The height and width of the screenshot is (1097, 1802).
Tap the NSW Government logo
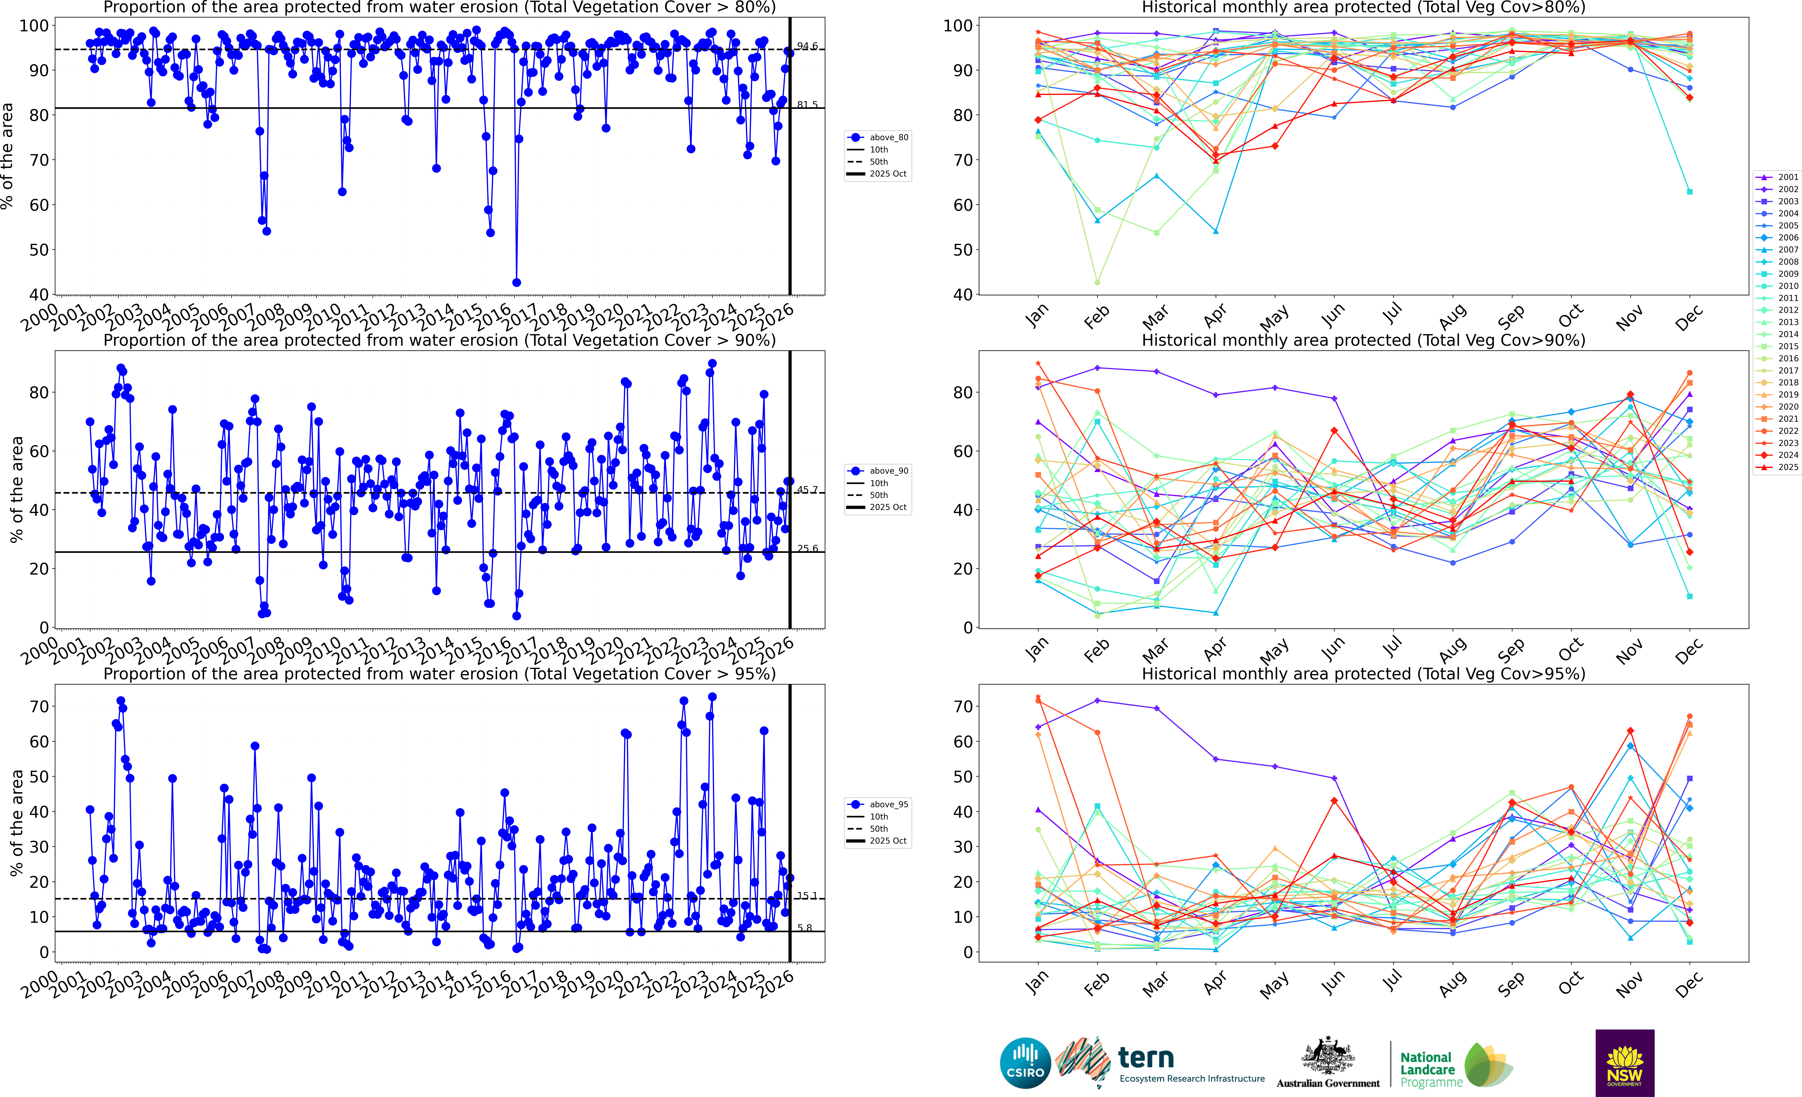pyautogui.click(x=1624, y=1063)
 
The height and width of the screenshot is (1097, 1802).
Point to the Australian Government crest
pyautogui.click(x=1327, y=1057)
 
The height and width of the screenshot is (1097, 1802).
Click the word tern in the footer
pyautogui.click(x=1146, y=1058)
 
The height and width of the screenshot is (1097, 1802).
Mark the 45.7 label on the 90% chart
pyautogui.click(x=807, y=490)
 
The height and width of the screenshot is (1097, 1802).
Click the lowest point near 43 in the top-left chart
pyautogui.click(x=516, y=282)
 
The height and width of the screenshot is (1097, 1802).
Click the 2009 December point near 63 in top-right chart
pyautogui.click(x=1689, y=192)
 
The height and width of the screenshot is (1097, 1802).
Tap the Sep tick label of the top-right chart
pyautogui.click(x=1511, y=316)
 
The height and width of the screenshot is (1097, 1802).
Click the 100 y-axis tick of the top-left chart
pyautogui.click(x=34, y=26)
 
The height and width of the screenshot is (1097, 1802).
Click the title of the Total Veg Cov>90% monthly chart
pyautogui.click(x=1363, y=340)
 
